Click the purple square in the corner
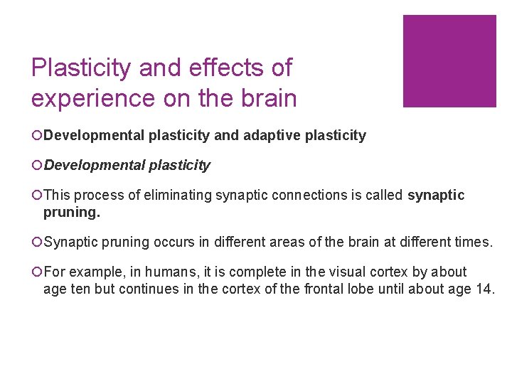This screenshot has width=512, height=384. pos(449,61)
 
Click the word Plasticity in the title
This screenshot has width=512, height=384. pos(81,68)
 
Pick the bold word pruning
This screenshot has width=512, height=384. pos(70,211)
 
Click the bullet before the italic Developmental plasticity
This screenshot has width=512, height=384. pos(36,165)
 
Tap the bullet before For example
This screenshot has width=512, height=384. pos(36,272)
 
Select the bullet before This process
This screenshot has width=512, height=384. pos(36,195)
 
